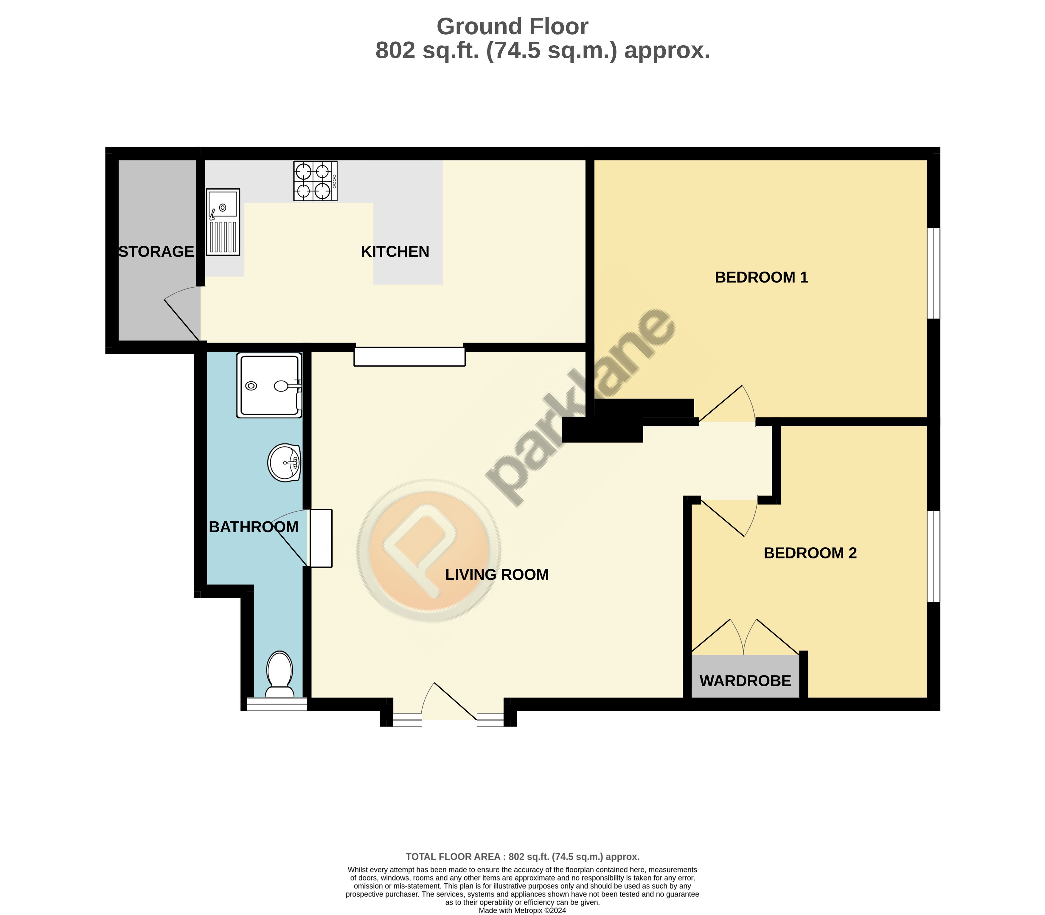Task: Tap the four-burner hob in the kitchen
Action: click(x=315, y=181)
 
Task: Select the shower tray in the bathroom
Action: click(x=269, y=385)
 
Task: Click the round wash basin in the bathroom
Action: click(x=284, y=463)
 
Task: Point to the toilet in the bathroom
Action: click(x=279, y=674)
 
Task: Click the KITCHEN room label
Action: click(x=395, y=252)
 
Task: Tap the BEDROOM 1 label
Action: click(x=761, y=277)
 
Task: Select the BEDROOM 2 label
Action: click(x=810, y=553)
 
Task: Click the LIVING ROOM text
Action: click(x=497, y=574)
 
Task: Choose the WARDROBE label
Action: click(x=745, y=681)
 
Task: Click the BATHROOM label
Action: click(x=254, y=527)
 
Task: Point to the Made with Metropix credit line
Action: click(x=522, y=911)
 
